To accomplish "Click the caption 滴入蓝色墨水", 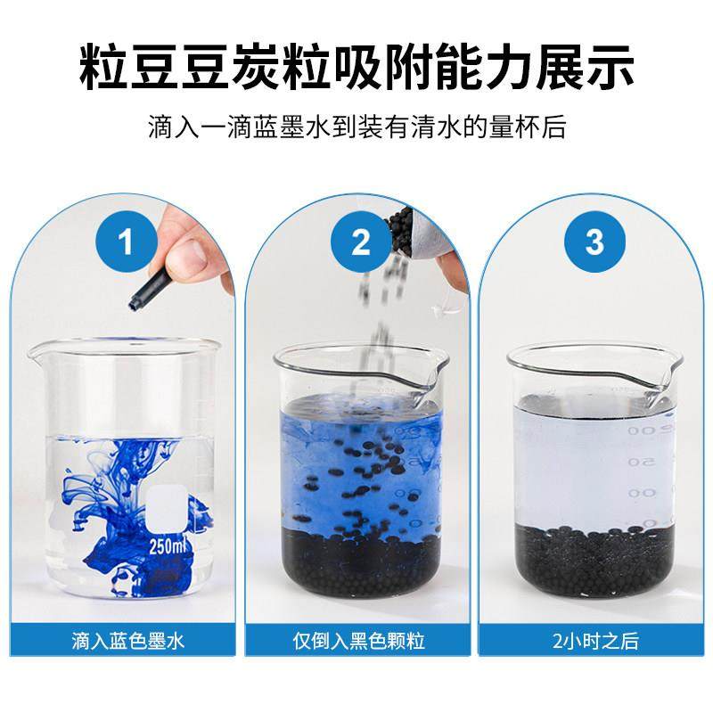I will click(x=127, y=639).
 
